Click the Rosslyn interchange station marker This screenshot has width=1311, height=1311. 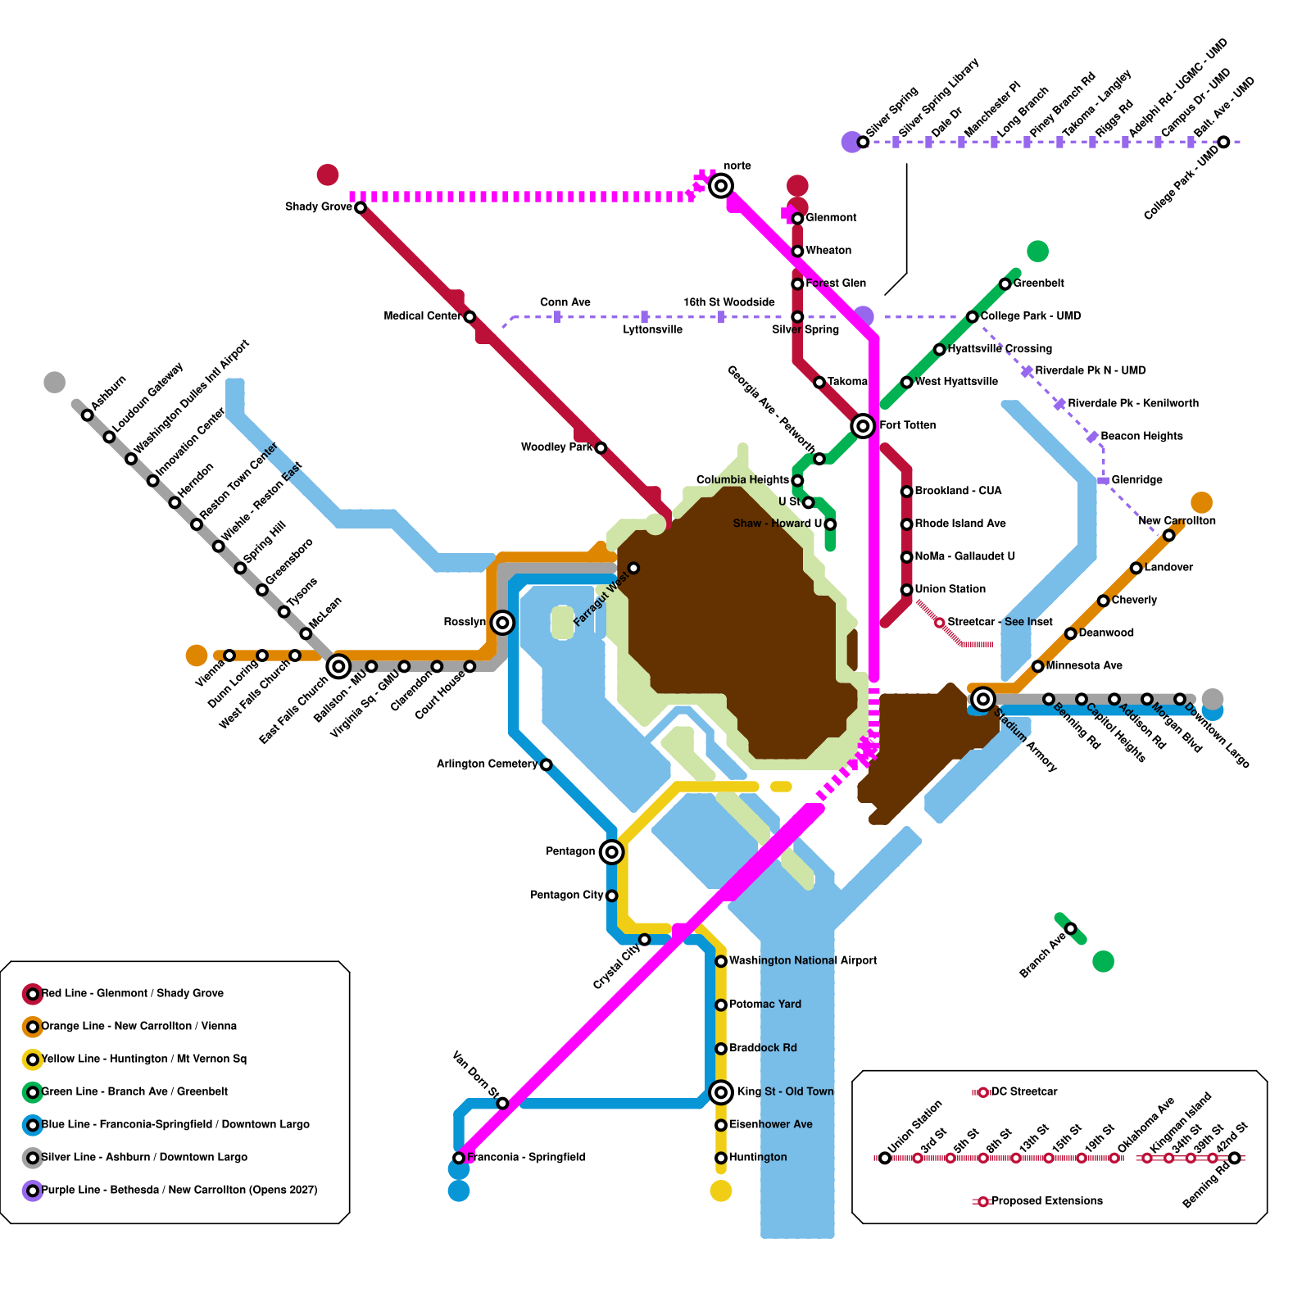(502, 623)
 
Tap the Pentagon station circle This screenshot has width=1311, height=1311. (611, 852)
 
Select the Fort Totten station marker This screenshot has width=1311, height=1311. (863, 425)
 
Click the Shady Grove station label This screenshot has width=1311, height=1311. (319, 206)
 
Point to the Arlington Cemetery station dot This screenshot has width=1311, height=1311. (547, 764)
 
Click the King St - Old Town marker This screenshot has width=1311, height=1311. (721, 1091)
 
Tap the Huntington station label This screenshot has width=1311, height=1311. (758, 1157)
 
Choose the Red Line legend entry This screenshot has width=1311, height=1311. (132, 993)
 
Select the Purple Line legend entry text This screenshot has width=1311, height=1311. (179, 1190)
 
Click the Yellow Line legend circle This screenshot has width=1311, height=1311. (33, 1059)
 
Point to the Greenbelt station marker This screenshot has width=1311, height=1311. (1005, 284)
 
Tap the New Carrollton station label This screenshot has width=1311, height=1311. (1177, 520)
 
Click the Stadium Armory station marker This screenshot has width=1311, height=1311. (983, 699)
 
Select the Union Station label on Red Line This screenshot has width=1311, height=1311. (950, 589)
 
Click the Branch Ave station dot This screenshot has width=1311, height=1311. (1071, 928)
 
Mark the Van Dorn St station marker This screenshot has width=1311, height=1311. (503, 1103)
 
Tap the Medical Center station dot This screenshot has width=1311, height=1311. (470, 316)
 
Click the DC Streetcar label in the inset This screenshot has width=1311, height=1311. (1024, 1091)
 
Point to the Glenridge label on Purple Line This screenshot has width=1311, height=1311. (1136, 479)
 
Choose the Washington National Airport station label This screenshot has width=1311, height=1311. (803, 960)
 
